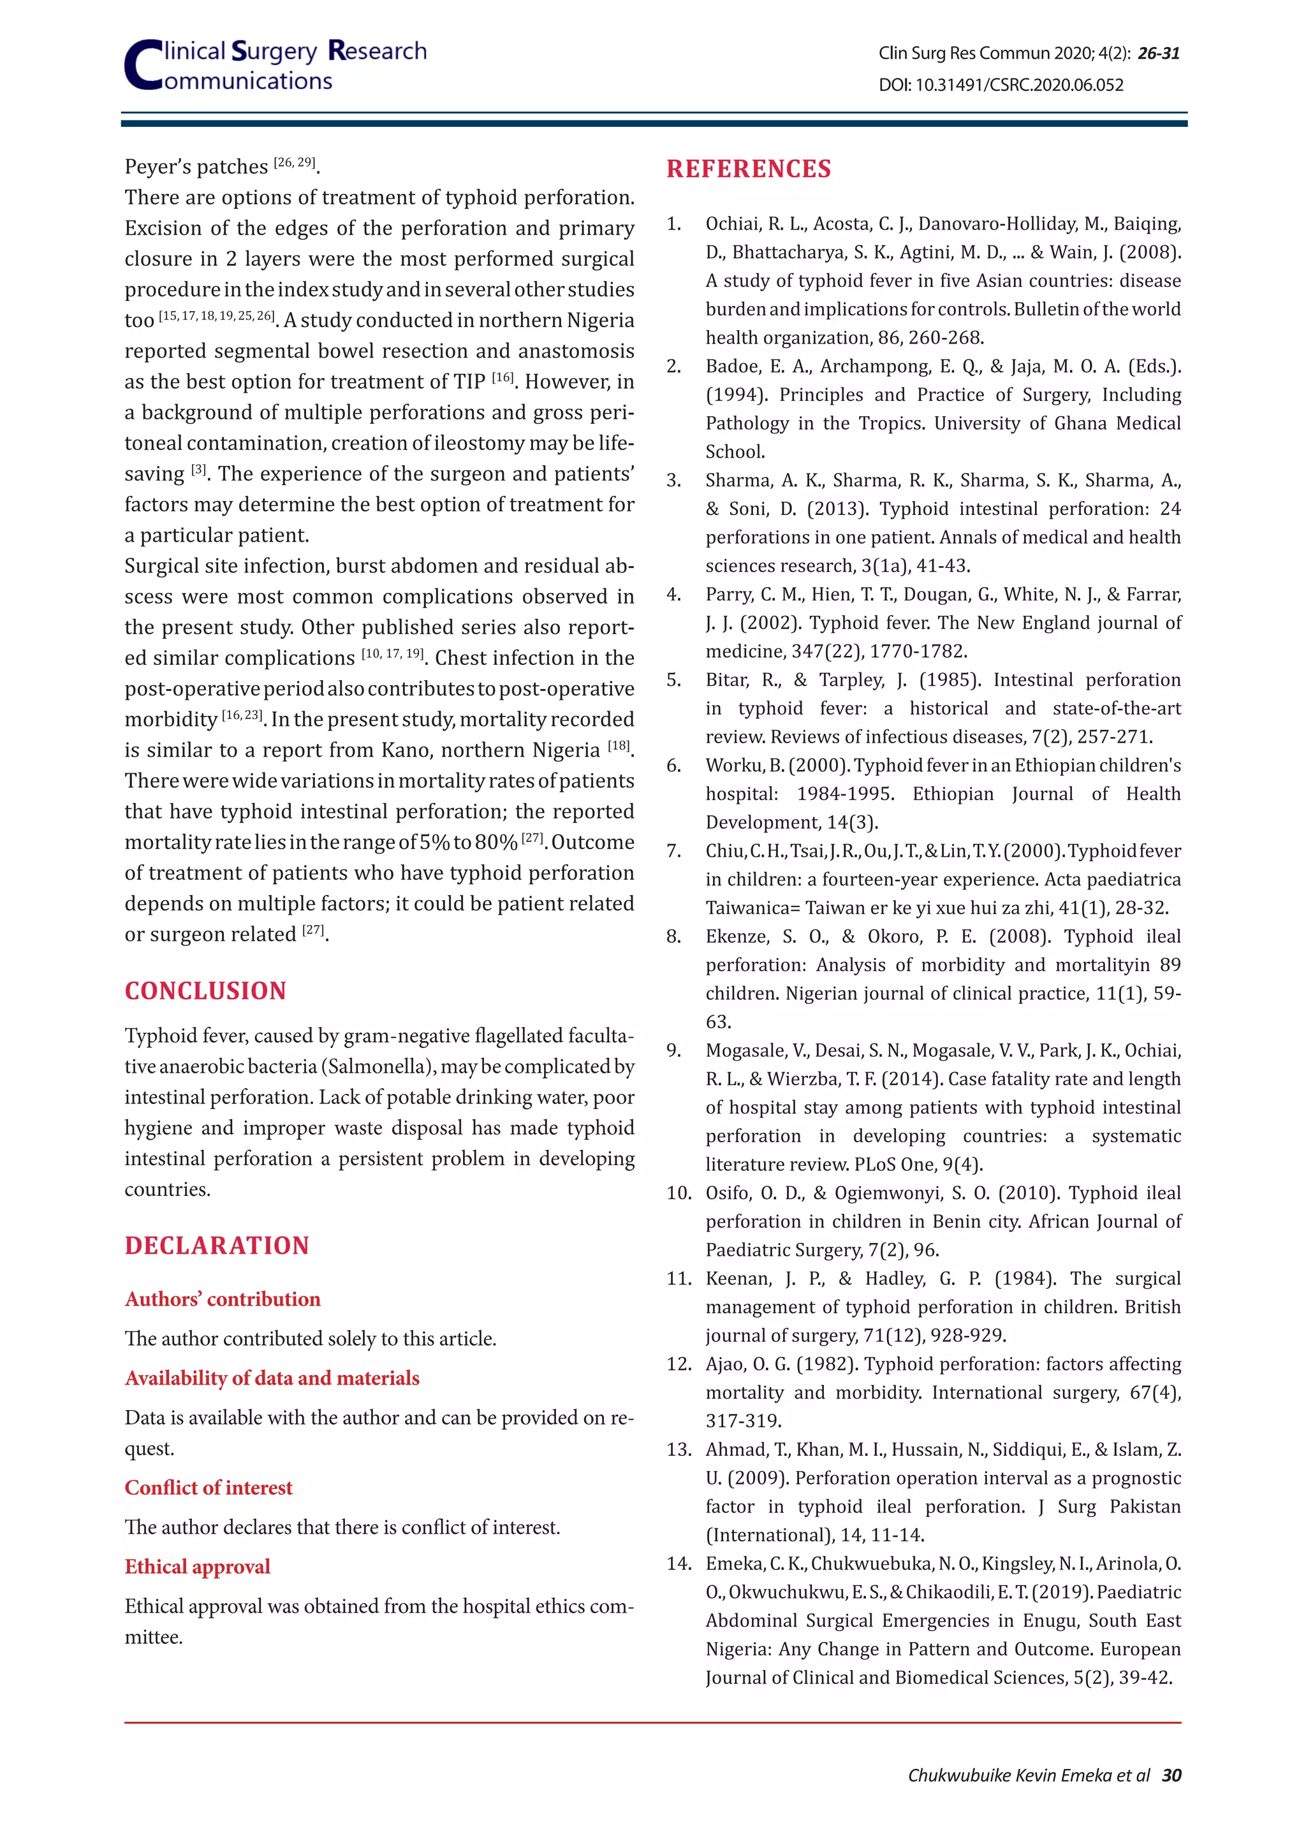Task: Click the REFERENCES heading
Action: point(748,169)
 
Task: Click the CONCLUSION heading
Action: point(205,991)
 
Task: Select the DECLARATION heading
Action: point(216,1246)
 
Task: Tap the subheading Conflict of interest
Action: point(209,1487)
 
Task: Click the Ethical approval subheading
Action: point(197,1566)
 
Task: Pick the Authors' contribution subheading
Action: point(222,1299)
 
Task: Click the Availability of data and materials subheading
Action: point(272,1378)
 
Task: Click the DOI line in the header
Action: point(1001,84)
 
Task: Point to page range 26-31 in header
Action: point(1159,53)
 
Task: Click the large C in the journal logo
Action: point(143,66)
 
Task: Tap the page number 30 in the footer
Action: point(1171,1775)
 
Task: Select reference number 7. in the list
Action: point(674,850)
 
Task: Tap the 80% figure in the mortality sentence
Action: point(495,843)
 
